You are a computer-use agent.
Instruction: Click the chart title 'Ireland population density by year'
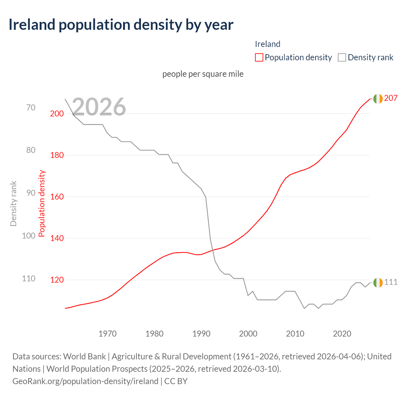pyautogui.click(x=121, y=25)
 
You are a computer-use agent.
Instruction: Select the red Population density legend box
pyautogui.click(x=259, y=57)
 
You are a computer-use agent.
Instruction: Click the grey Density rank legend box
pyautogui.click(x=342, y=57)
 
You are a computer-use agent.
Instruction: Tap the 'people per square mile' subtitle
pyautogui.click(x=203, y=74)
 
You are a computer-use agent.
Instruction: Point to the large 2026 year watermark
pyautogui.click(x=99, y=107)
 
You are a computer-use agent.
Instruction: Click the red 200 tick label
pyautogui.click(x=57, y=114)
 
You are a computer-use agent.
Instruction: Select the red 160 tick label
pyautogui.click(x=57, y=197)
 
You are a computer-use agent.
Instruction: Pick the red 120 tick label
pyautogui.click(x=57, y=280)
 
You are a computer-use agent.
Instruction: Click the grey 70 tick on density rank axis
pyautogui.click(x=31, y=108)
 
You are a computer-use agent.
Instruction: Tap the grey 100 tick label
pyautogui.click(x=29, y=236)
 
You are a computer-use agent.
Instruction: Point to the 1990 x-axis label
pyautogui.click(x=201, y=334)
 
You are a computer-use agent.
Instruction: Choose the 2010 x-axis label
pyautogui.click(x=295, y=334)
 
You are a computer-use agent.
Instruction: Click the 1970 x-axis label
pyautogui.click(x=108, y=334)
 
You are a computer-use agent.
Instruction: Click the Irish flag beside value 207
pyautogui.click(x=378, y=99)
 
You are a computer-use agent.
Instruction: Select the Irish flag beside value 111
pyautogui.click(x=378, y=282)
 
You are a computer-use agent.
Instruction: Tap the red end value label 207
pyautogui.click(x=391, y=98)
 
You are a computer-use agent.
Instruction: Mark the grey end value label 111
pyautogui.click(x=391, y=282)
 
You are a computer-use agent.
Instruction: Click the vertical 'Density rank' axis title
pyautogui.click(x=13, y=203)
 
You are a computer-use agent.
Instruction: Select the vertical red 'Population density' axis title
pyautogui.click(x=42, y=203)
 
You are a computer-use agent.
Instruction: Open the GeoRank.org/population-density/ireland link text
pyautogui.click(x=85, y=381)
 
